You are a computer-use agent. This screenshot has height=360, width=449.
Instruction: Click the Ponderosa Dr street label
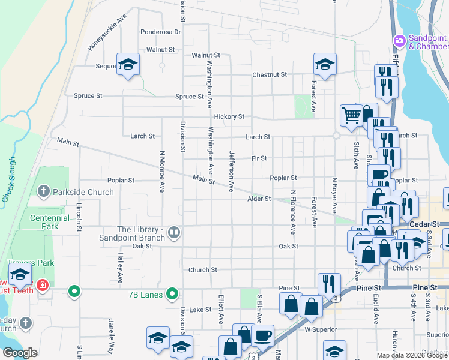(160, 32)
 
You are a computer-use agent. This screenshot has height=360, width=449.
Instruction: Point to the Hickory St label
(229, 116)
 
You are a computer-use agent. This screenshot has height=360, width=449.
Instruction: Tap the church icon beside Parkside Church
(43, 192)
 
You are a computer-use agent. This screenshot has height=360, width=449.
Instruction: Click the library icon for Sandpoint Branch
(174, 232)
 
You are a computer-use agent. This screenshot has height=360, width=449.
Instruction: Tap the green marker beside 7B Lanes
(172, 293)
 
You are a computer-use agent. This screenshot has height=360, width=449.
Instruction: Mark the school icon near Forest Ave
(325, 64)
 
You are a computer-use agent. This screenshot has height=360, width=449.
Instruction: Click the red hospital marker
(42, 284)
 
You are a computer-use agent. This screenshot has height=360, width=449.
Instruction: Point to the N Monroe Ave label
(161, 171)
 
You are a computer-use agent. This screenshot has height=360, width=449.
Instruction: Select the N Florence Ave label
(293, 212)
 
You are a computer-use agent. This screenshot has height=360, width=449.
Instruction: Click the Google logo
(19, 353)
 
